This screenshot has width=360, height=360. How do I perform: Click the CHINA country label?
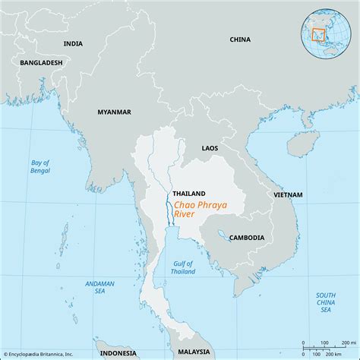pyautogui.click(x=239, y=39)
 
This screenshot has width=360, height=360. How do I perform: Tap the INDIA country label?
pyautogui.click(x=73, y=44)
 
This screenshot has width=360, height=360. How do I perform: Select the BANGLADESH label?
pyautogui.click(x=41, y=62)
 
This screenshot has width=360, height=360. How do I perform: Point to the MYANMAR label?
pyautogui.click(x=114, y=112)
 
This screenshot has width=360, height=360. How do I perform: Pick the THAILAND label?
pyautogui.click(x=188, y=193)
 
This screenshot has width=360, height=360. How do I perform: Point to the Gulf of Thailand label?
pyautogui.click(x=182, y=266)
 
